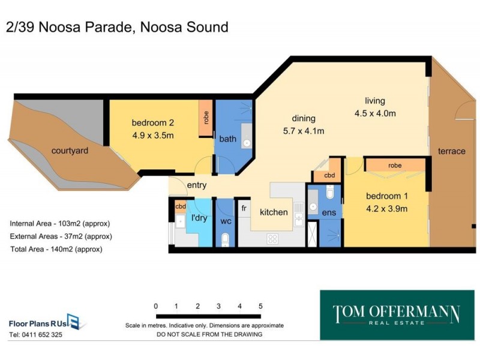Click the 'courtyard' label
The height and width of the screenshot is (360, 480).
70,151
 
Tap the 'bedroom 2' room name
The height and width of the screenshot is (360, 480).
152,124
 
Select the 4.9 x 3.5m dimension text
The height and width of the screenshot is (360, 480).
152,136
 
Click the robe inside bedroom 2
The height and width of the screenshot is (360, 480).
205,118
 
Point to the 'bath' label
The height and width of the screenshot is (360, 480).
227,139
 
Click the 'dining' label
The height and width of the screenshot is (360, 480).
304,118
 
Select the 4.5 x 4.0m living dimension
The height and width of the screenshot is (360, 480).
376,113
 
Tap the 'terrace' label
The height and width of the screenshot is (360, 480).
451,151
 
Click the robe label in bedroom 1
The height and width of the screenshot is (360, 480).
394,165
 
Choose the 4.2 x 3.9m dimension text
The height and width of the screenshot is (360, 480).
387,209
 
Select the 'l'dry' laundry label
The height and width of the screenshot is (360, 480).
199,218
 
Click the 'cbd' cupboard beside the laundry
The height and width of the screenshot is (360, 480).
180,206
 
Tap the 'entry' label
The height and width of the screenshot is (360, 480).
196,185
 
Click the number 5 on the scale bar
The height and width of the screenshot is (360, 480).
260,306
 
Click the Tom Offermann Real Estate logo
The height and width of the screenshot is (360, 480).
396,316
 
